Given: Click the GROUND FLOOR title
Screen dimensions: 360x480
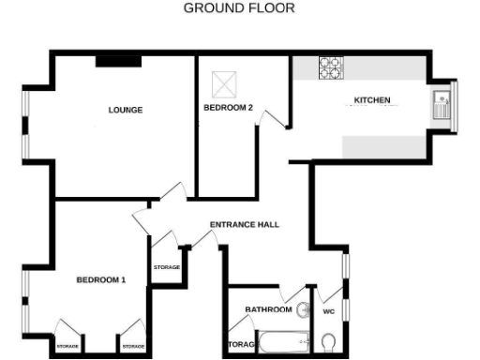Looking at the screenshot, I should pos(238,8).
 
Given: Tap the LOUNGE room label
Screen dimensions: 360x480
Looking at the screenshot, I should pos(125,110).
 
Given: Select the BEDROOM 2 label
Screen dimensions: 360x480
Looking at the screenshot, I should pos(228,108).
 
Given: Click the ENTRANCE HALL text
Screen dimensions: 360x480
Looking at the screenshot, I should pos(244,225).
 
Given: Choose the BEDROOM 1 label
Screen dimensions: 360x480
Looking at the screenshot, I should pos(100,280).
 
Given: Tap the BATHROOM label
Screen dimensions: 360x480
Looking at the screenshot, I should pos(268,309).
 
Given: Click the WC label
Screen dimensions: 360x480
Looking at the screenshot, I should pos(328,310).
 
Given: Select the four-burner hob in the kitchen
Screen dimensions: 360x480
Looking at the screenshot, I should pos(331,67).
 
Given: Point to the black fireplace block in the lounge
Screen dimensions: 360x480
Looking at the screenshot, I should pos(118,61).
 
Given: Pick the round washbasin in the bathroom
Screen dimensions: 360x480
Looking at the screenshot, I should pos(302,311).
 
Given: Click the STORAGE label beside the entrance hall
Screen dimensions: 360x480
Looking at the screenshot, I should pos(167,267).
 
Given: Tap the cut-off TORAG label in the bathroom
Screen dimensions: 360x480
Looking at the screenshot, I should pos(242,345).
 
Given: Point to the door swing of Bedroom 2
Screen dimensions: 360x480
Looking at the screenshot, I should pos(273,120).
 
